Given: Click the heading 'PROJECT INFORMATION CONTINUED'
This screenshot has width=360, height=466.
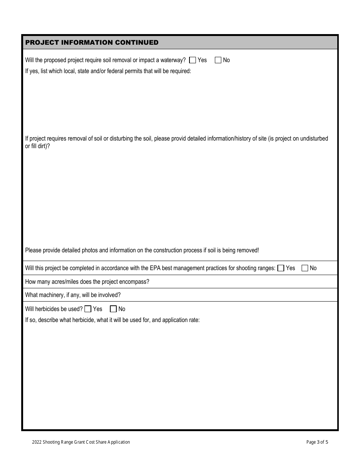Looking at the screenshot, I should (92, 42).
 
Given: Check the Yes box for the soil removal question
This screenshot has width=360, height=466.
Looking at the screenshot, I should (193, 60).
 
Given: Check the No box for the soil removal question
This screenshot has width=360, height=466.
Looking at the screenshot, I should (218, 60).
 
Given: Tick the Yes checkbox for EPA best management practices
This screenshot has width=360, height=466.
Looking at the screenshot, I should (281, 268).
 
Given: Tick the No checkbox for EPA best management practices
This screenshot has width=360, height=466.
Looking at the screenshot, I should (305, 268).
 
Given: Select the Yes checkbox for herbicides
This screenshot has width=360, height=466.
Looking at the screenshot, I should (88, 309).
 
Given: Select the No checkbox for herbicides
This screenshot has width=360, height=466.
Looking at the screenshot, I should (113, 309).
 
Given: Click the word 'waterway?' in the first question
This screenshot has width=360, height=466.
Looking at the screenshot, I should (173, 60).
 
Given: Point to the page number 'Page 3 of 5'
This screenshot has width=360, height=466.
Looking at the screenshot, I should (317, 442).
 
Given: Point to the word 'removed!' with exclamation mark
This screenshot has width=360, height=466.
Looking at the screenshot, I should (248, 250).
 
